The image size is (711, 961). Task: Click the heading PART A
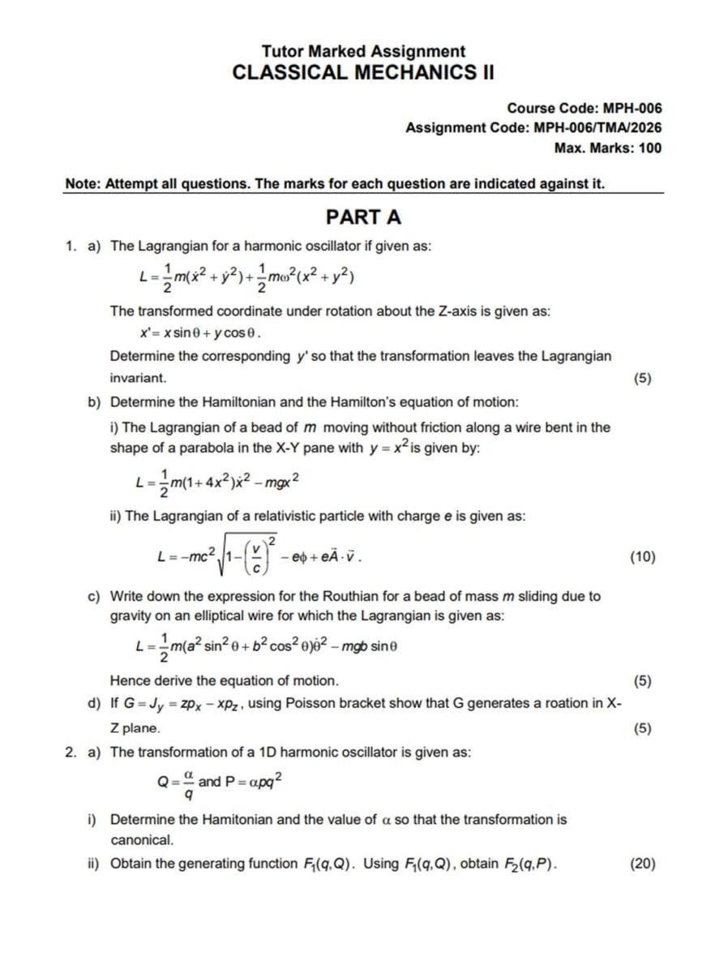[x=362, y=217]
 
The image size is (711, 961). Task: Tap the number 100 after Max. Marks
[x=649, y=148]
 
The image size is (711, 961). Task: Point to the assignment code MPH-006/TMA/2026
[x=597, y=127]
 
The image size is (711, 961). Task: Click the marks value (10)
[x=642, y=556]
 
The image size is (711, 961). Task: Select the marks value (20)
[x=642, y=864]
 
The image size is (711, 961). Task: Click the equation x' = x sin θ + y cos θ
[x=200, y=333]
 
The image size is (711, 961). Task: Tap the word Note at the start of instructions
[x=82, y=183]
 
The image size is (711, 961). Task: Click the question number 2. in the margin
[x=71, y=752]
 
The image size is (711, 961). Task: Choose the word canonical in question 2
[x=141, y=839]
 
